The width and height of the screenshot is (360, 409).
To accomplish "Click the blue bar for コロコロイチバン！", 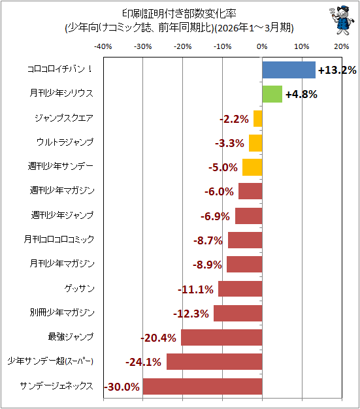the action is (x=289, y=70).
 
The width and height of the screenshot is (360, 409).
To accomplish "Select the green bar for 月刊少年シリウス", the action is (x=272, y=94).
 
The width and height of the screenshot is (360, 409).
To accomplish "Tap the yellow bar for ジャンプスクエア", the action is (x=257, y=119).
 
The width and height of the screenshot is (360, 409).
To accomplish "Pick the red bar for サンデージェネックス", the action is (x=203, y=386).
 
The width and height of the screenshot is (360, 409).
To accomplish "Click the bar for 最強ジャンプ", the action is (x=221, y=338).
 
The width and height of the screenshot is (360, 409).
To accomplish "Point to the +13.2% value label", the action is (x=337, y=70).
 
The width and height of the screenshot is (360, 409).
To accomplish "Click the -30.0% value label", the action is (x=122, y=387).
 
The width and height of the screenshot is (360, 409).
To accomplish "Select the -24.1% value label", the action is (x=143, y=363).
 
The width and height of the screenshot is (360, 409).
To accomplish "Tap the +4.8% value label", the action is (x=301, y=95).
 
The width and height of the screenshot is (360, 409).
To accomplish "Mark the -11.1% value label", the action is (x=195, y=289).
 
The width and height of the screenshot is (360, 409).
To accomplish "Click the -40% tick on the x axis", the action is (x=103, y=46).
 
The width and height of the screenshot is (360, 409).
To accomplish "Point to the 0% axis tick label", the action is (x=262, y=46).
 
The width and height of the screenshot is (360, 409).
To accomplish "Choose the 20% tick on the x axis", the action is (x=342, y=46).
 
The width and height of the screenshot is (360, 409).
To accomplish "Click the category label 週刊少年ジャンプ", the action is (x=62, y=215).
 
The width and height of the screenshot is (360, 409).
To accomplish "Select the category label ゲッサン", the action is (x=79, y=289).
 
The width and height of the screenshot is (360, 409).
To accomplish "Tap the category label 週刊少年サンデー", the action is (x=61, y=166).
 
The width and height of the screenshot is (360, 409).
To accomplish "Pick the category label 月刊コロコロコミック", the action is (x=59, y=239).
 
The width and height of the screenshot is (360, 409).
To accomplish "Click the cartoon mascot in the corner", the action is (x=342, y=20).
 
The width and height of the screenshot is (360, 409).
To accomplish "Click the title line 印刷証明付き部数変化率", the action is (x=180, y=14).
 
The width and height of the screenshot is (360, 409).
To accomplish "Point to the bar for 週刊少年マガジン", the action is (x=250, y=191).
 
